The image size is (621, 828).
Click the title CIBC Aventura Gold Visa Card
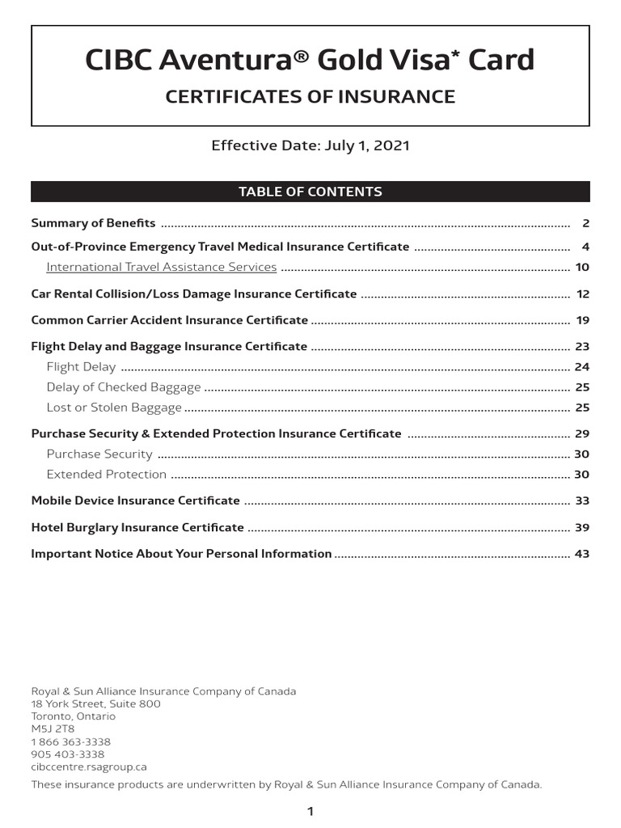click(310, 61)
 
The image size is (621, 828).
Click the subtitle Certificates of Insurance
click(310, 97)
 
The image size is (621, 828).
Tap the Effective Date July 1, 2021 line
click(310, 146)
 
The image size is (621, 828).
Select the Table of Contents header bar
click(310, 192)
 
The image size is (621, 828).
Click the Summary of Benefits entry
click(93, 223)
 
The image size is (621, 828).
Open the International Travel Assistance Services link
click(162, 267)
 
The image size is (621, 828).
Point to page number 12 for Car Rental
click(583, 294)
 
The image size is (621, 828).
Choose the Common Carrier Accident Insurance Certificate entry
click(170, 320)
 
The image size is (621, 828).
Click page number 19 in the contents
click(583, 320)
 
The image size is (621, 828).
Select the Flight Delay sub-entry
click(81, 367)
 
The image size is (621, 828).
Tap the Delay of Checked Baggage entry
click(124, 387)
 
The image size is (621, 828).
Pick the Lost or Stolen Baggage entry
click(114, 408)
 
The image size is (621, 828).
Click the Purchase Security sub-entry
click(99, 454)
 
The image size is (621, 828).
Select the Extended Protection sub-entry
click(107, 475)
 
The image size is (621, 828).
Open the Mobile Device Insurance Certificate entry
click(136, 501)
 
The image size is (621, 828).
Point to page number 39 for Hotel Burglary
click(582, 527)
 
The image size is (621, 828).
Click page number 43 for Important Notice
click(582, 554)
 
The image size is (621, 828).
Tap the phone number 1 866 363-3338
click(71, 742)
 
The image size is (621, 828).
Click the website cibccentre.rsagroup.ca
click(89, 767)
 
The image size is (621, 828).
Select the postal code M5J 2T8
click(53, 729)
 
